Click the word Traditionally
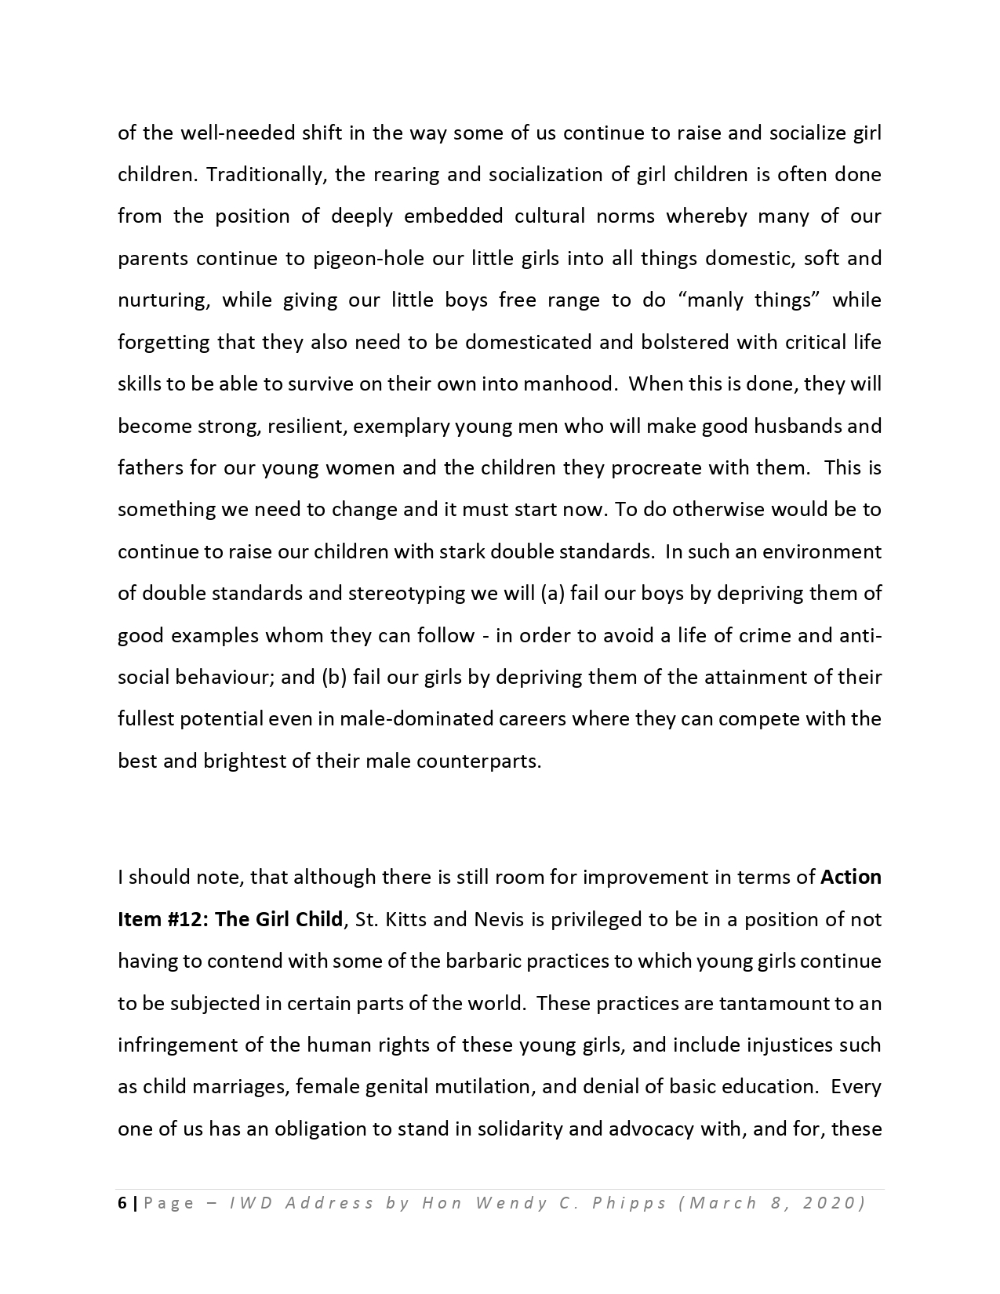(x=263, y=175)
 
